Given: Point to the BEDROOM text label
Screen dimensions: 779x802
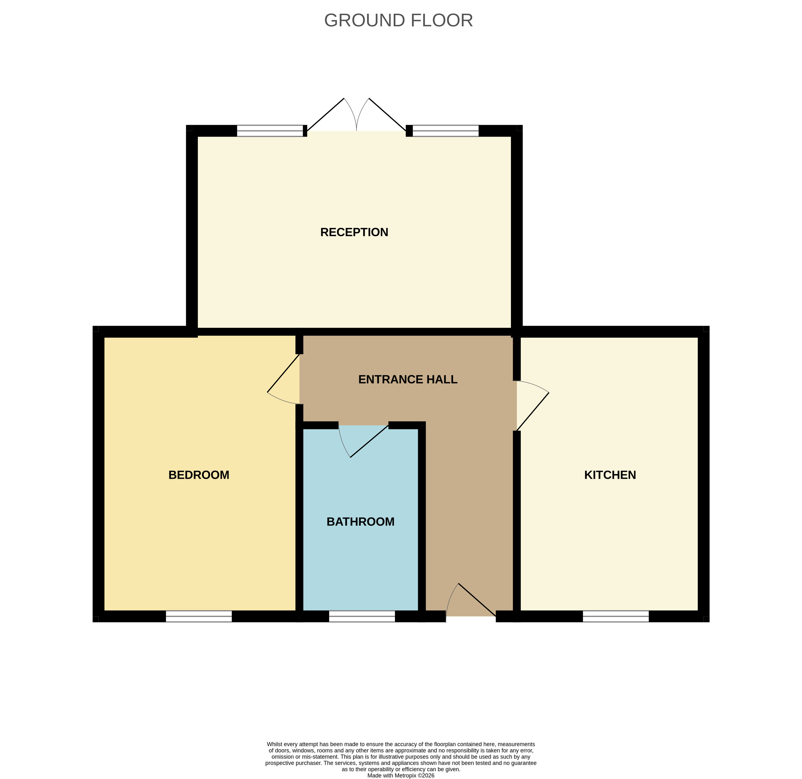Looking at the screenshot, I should click(199, 475).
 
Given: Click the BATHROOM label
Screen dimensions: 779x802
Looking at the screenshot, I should click(360, 522).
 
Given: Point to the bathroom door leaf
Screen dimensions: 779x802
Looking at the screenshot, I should click(369, 441).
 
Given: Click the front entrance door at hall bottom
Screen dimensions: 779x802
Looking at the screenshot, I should click(477, 600).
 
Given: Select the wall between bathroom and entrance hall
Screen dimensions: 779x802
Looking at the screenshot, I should click(422, 520).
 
